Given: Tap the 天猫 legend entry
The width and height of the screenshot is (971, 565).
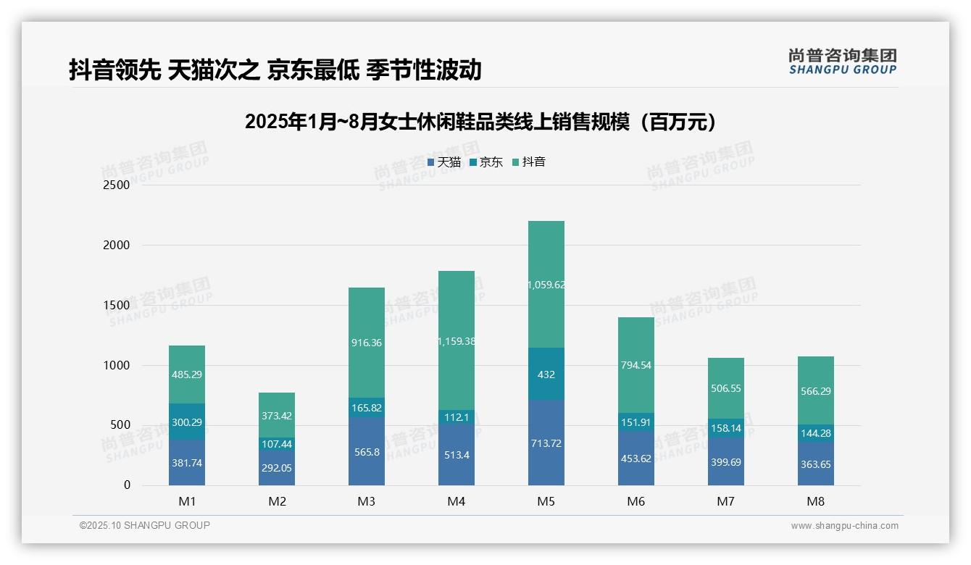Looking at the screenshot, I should [443, 162].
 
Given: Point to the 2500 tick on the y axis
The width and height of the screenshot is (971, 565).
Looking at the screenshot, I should [117, 185].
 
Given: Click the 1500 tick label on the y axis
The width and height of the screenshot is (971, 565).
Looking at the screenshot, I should [117, 306].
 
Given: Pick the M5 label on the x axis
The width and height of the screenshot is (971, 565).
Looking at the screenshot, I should [546, 501].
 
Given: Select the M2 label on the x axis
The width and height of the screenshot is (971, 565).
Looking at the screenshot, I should [277, 501].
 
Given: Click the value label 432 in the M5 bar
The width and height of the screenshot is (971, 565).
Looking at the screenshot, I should [546, 374].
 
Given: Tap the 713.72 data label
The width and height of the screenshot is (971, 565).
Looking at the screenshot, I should [546, 443].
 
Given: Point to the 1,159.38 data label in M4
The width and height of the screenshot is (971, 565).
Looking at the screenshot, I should [457, 341].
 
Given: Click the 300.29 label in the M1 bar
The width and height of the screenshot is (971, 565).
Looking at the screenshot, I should [187, 422].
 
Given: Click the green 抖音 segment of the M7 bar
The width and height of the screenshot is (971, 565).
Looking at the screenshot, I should [725, 377].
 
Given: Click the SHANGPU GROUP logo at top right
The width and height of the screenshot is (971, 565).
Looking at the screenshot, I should [842, 62].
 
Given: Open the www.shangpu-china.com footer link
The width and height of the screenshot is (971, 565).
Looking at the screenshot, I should [844, 526].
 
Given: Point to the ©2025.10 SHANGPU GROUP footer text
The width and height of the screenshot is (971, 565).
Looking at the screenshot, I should [145, 525].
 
